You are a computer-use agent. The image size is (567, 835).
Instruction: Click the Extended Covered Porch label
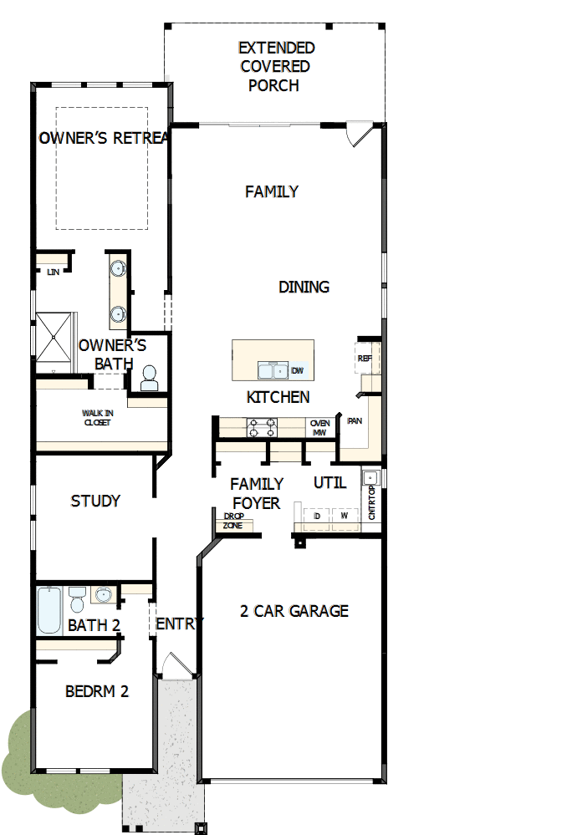point(275,67)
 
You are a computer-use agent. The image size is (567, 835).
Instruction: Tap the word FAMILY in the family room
point(272,192)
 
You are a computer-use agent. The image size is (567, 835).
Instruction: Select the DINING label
point(304,288)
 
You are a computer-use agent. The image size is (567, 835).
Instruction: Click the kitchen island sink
point(272,370)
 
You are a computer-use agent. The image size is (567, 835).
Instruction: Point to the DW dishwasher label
point(298,370)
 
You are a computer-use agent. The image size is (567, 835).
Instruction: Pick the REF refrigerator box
point(365,358)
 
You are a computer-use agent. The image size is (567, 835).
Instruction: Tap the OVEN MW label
point(319,428)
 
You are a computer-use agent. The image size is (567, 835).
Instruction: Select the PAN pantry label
point(355,421)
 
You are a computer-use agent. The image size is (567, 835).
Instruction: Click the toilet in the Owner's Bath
point(150,379)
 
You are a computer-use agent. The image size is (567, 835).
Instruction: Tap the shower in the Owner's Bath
point(54,342)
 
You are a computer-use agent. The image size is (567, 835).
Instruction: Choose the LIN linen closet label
point(53,272)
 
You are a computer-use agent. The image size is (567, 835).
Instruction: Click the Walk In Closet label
point(96,418)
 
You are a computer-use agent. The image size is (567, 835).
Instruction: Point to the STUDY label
point(95,502)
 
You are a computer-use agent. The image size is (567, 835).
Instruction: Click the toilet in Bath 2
point(77,601)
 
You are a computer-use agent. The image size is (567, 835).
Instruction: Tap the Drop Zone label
point(233,522)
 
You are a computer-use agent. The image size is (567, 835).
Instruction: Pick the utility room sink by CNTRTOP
point(371,478)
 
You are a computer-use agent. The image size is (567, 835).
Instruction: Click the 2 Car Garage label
point(294,611)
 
